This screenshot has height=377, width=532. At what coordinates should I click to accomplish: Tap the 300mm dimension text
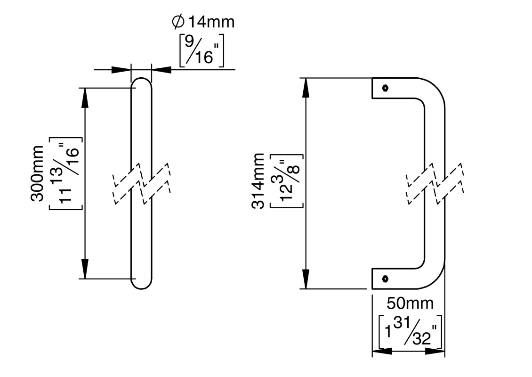click(38, 173)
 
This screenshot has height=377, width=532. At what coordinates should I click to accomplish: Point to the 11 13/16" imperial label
click(66, 173)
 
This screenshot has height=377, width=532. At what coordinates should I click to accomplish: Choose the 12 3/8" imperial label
click(286, 180)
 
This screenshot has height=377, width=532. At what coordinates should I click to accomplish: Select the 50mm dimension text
click(410, 303)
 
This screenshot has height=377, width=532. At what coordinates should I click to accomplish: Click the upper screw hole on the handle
click(386, 88)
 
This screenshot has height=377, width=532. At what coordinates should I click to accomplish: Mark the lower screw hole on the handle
click(386, 279)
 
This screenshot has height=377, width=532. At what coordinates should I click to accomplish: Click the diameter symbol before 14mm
click(179, 22)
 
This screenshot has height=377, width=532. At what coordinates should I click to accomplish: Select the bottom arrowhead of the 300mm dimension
click(85, 269)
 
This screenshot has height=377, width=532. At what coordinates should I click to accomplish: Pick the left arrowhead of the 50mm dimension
click(382, 351)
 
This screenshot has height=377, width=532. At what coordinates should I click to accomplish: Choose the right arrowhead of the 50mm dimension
click(435, 351)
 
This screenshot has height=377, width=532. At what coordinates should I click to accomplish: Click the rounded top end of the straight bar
click(141, 84)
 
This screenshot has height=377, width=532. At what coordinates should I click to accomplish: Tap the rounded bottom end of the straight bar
click(141, 283)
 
